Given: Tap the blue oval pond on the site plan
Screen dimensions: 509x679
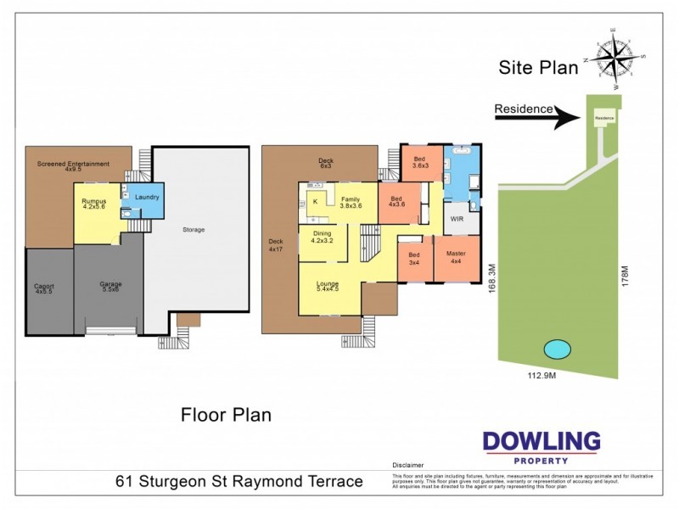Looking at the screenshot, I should click(557, 349).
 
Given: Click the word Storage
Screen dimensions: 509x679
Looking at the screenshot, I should click(194, 229).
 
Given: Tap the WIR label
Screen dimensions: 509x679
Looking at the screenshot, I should click(457, 218).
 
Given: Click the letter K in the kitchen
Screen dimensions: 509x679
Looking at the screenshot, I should click(315, 201).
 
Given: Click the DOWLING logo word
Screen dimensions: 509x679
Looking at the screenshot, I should click(541, 442).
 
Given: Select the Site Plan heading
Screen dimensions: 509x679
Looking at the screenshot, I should click(539, 66).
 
